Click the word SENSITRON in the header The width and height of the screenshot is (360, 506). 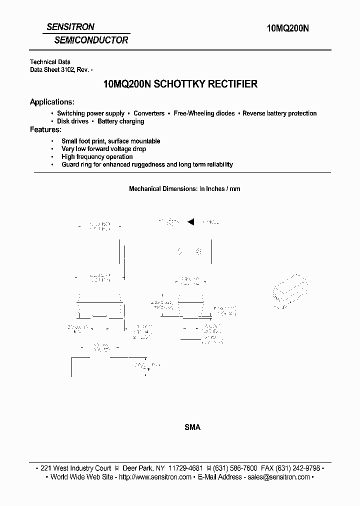(70, 27)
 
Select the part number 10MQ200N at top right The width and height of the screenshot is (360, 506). (285, 29)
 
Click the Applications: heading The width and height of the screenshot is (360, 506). (52, 102)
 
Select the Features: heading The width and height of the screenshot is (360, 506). (45, 129)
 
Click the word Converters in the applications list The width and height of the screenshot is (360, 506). (149, 113)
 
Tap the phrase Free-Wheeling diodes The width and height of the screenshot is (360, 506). (204, 113)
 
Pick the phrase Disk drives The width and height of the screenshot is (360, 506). (72, 121)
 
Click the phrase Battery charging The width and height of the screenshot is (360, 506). (120, 121)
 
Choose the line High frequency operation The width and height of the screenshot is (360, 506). (97, 156)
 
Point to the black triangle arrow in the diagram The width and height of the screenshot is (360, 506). (190, 222)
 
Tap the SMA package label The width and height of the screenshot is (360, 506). (192, 427)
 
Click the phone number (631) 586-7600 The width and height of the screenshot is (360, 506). (235, 468)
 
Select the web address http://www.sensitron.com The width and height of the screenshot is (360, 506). (155, 477)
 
